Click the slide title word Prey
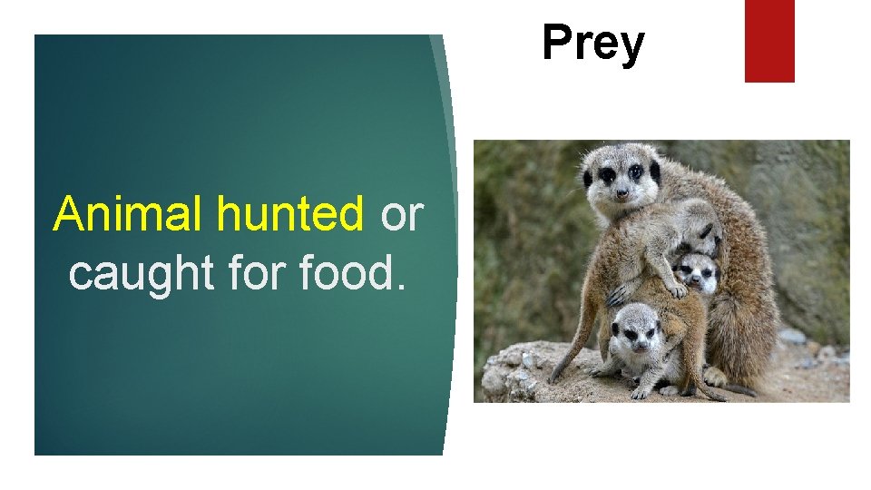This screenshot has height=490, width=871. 593,44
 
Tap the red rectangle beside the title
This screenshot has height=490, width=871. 769,40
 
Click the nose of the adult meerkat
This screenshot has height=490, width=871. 622,192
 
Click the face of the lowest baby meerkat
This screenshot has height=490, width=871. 635,330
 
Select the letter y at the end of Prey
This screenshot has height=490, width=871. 631,47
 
